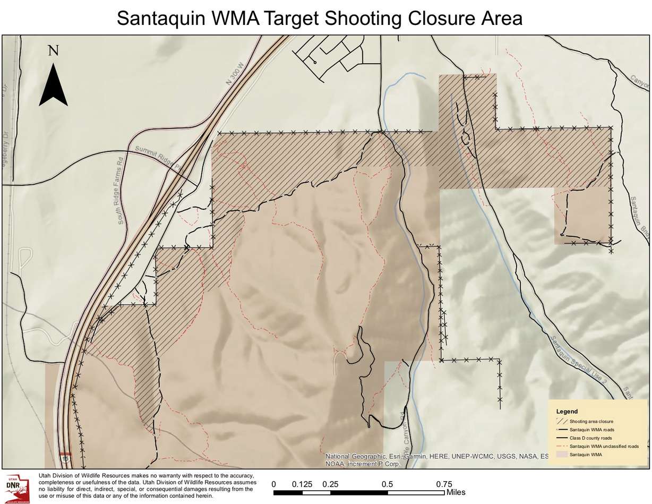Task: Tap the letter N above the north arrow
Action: [x=53, y=50]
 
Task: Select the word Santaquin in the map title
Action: [x=159, y=18]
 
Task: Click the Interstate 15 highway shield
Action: [x=66, y=457]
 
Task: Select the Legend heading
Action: [x=567, y=412]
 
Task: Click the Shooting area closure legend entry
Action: [x=591, y=421]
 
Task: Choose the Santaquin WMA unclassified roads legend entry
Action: [x=603, y=447]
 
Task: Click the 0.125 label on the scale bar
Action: [x=302, y=484]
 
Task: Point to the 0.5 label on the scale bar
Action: [x=387, y=484]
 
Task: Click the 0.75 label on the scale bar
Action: [x=444, y=484]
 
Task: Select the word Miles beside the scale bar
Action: [x=456, y=492]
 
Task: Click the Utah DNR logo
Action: [x=16, y=488]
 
